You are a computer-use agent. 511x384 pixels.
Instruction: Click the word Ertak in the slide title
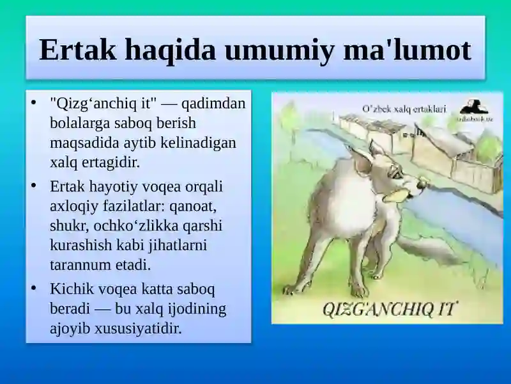[77, 50]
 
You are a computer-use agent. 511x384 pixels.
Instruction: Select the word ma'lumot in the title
[408, 50]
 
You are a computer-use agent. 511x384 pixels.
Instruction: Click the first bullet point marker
[33, 102]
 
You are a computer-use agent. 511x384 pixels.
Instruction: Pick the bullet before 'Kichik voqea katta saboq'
[33, 289]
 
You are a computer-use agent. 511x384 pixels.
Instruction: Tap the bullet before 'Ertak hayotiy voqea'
[33, 186]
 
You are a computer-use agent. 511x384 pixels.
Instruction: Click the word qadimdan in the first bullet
[213, 104]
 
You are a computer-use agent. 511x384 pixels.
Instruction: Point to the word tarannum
[80, 265]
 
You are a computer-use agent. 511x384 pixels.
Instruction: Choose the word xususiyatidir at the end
[138, 328]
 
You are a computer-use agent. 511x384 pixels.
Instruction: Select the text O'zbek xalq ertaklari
[404, 109]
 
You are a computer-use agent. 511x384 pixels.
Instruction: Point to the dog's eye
[396, 175]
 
